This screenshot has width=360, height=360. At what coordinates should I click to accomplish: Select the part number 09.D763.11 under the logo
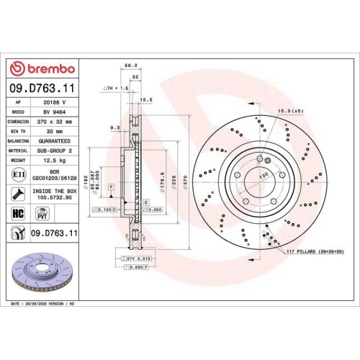[42, 87]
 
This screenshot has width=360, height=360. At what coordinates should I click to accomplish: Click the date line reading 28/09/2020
[43, 305]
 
